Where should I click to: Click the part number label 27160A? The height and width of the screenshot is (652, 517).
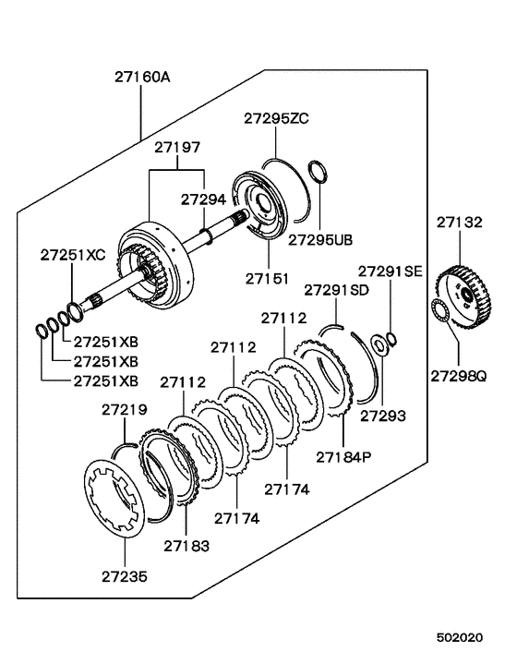[142, 78]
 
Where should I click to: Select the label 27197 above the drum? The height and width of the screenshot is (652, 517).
[176, 147]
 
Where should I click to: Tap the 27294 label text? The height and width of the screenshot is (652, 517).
[203, 199]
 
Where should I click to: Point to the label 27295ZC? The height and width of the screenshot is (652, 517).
[276, 118]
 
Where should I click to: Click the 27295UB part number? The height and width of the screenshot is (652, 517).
[320, 239]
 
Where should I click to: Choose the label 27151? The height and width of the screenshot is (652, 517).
[268, 276]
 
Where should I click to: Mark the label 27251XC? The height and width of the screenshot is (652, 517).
[71, 254]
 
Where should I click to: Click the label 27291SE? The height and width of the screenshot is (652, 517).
[390, 272]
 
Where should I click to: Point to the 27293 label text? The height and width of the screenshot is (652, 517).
[382, 416]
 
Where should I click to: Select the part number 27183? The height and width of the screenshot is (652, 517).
[186, 546]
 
